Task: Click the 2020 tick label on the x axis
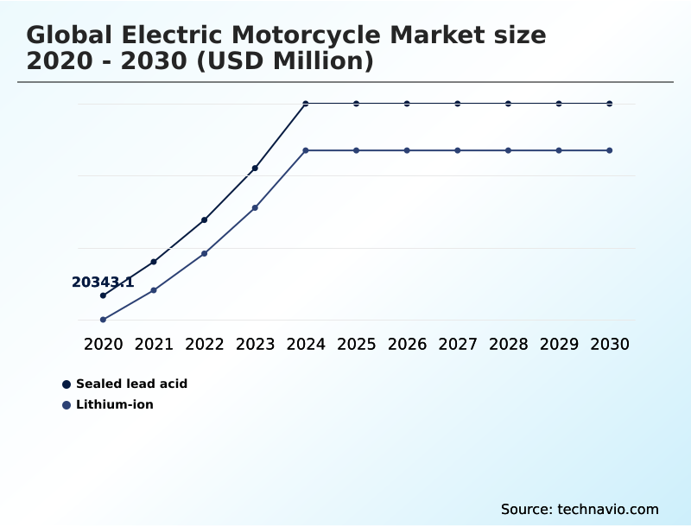click(104, 344)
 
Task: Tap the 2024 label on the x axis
click(306, 344)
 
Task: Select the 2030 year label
click(610, 344)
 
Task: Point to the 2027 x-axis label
click(458, 344)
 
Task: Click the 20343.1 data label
click(103, 283)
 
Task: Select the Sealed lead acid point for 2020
click(103, 295)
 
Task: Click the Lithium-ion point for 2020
click(103, 320)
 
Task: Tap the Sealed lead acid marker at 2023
click(255, 168)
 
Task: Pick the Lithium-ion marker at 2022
click(205, 253)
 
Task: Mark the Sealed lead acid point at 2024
click(306, 104)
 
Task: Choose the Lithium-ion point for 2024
click(306, 150)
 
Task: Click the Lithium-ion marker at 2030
click(610, 150)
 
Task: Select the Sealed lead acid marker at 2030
click(610, 104)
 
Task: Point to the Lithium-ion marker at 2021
click(154, 290)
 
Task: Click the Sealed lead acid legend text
click(131, 384)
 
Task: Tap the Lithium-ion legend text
click(115, 404)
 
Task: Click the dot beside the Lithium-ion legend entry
click(67, 404)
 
